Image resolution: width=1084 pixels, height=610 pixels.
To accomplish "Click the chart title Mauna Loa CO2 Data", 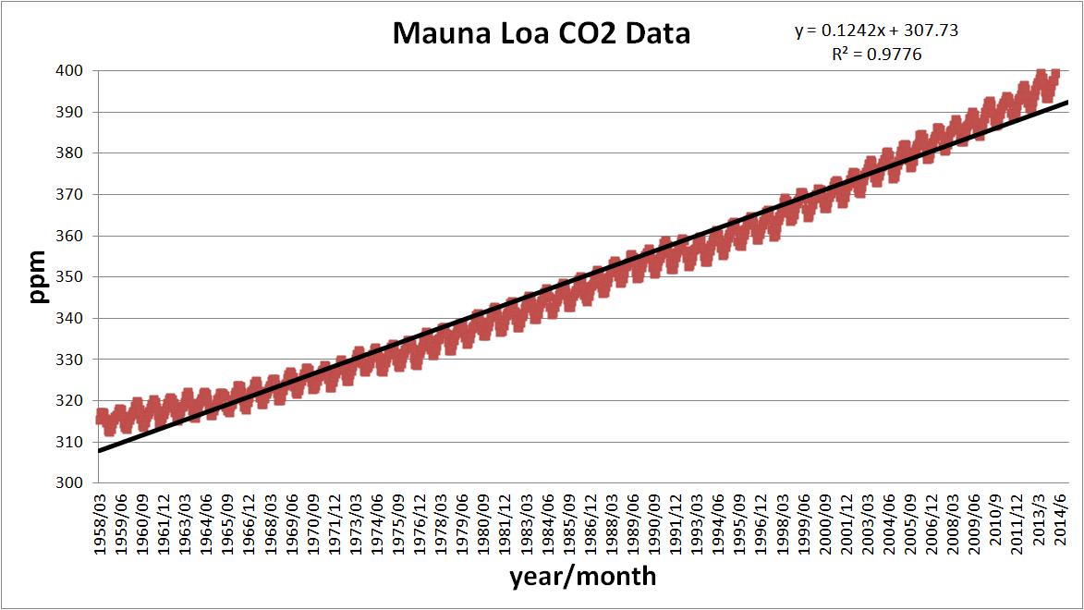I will [x=542, y=34].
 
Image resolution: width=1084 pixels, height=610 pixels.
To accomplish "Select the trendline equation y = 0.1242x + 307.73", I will [x=876, y=30].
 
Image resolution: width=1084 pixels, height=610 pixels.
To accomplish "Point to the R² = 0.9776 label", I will [x=876, y=55].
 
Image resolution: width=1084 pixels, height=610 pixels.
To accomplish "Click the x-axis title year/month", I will [x=582, y=577].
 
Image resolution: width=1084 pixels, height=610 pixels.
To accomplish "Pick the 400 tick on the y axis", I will [x=73, y=71].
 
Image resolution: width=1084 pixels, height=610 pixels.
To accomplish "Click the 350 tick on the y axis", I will [x=73, y=277].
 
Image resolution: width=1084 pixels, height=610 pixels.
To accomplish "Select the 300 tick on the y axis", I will [x=73, y=483].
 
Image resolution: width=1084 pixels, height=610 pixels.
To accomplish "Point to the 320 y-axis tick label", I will [x=73, y=401].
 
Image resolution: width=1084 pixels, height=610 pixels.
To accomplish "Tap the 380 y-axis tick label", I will [x=73, y=153].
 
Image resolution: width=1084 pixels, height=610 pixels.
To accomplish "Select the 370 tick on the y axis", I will [x=73, y=195].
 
